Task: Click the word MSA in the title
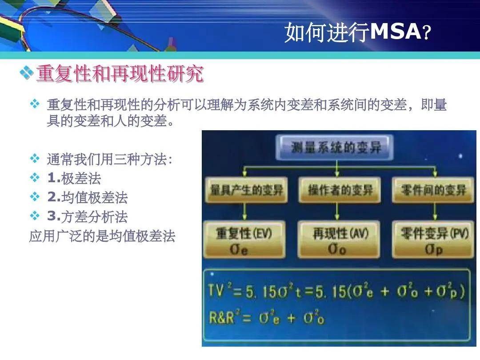tap(395, 32)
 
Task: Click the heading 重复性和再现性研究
tap(120, 74)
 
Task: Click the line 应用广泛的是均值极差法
tap(102, 236)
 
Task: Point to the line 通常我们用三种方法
tap(109, 160)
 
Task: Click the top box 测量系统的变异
tap(336, 148)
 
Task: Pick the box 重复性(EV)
tap(244, 240)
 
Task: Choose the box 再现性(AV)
tap(339, 240)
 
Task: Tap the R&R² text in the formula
tap(223, 318)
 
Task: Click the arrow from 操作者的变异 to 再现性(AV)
tap(337, 212)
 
